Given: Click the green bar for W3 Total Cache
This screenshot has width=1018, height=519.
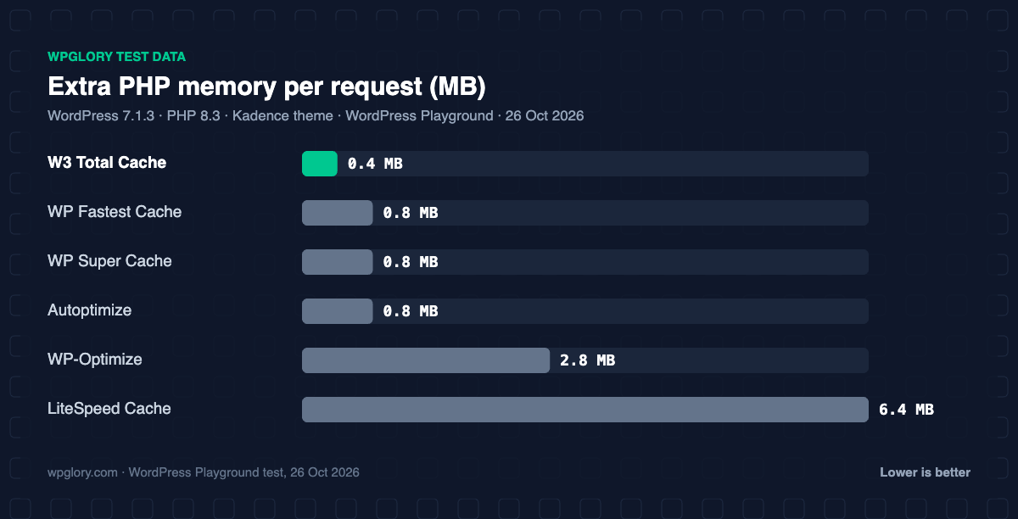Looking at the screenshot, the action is click(x=320, y=164).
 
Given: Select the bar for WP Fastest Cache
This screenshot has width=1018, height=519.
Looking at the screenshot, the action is click(x=338, y=213).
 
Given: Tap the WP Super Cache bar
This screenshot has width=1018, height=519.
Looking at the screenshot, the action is click(x=338, y=262).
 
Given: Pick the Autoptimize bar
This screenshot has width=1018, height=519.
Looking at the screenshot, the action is click(x=338, y=311).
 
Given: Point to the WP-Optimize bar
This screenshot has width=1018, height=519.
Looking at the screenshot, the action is click(x=426, y=360).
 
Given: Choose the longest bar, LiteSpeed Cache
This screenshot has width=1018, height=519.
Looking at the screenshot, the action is click(x=585, y=410).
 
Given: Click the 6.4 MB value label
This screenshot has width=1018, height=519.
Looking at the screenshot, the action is click(x=906, y=410).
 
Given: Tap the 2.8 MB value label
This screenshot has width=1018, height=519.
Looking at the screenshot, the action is click(x=587, y=360).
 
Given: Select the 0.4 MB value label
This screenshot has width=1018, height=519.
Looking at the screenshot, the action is click(x=375, y=164).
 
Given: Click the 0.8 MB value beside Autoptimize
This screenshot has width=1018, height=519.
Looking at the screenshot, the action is click(x=411, y=311).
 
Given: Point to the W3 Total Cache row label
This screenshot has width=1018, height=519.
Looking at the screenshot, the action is click(x=107, y=162).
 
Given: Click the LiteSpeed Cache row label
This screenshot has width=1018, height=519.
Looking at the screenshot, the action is click(x=109, y=409).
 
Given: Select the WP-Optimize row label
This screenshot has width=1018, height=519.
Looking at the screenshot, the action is click(x=95, y=360).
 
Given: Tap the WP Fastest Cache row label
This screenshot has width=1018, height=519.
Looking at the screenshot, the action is click(x=115, y=212).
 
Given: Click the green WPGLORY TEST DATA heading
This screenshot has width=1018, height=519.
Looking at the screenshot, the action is click(x=117, y=57).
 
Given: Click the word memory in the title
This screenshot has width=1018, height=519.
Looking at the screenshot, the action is click(x=227, y=87).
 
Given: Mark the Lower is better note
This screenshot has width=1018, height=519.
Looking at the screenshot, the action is click(x=925, y=472).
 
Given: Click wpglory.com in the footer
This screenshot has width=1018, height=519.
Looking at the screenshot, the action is click(x=83, y=473).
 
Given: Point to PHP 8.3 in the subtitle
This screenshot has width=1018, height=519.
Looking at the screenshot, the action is click(x=193, y=116).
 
